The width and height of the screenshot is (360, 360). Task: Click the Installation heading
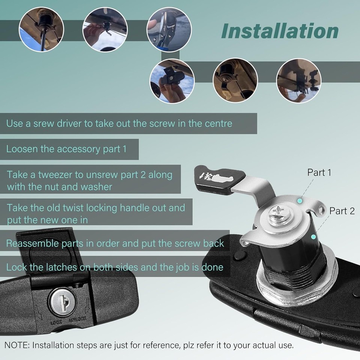[280, 31]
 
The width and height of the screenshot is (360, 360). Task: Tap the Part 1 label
[319, 172]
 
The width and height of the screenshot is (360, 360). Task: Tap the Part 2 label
[342, 211]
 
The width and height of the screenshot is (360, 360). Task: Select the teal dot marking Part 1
[300, 201]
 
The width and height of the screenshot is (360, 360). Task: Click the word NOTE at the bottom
[16, 345]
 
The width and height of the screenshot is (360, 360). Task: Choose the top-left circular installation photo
[42, 29]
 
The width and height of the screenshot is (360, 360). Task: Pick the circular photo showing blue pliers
[169, 30]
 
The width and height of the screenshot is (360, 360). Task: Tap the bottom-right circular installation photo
[299, 81]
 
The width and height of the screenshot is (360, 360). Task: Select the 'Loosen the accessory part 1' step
[66, 149]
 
